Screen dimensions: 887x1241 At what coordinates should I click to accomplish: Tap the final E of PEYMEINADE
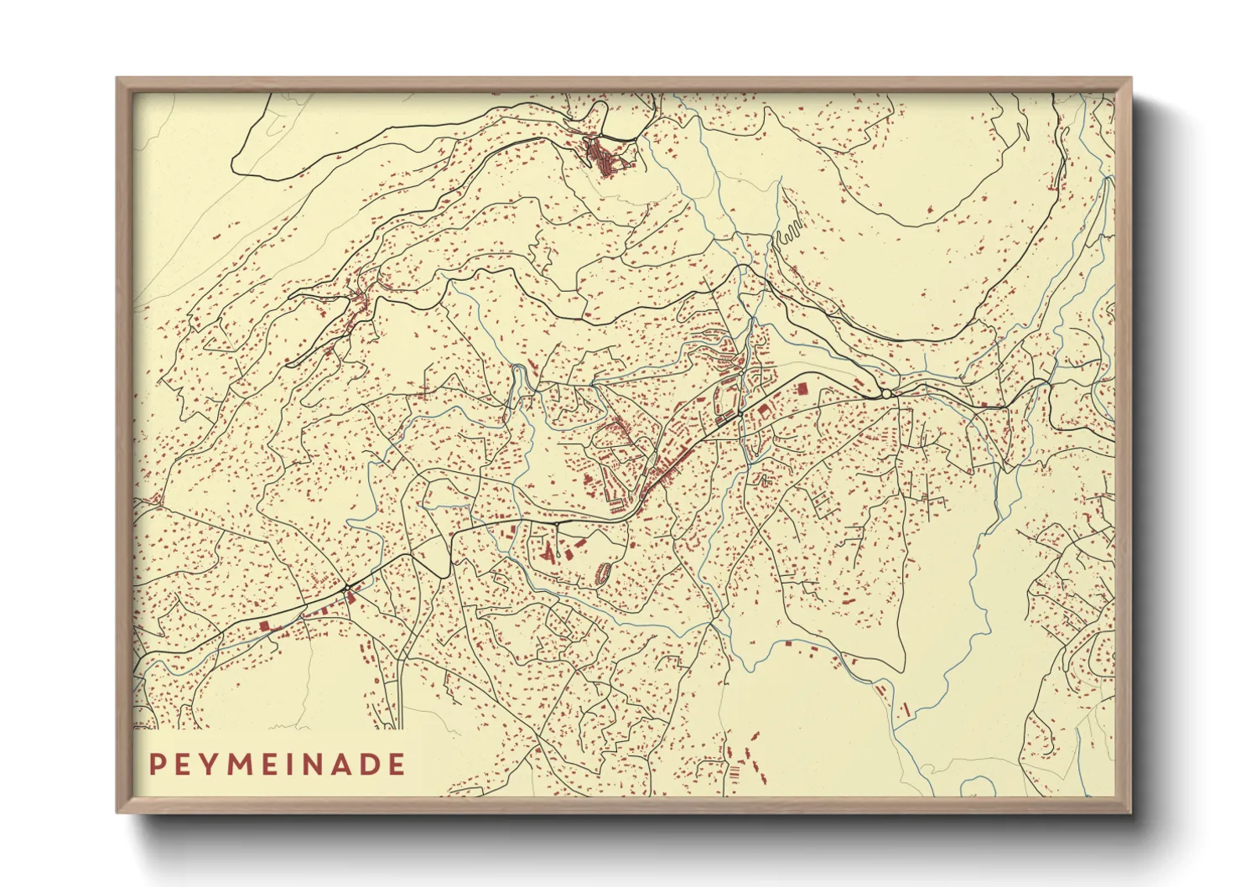point(397,764)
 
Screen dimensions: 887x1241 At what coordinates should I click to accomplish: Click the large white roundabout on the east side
point(886,394)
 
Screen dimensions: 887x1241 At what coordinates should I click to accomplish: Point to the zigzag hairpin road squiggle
point(788,231)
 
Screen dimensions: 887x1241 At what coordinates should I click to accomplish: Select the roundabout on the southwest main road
point(345,589)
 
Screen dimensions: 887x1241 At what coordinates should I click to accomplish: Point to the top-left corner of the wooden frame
point(117,79)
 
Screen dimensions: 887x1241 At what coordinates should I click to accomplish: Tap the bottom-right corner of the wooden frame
point(1130,812)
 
